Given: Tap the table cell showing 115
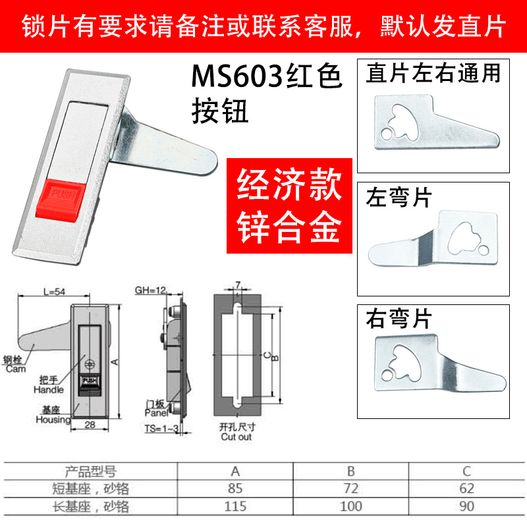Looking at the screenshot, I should click(235, 506).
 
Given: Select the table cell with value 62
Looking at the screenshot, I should click(466, 489).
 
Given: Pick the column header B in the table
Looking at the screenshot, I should click(350, 472).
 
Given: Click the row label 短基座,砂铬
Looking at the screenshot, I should click(92, 489).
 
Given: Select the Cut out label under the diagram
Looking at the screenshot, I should click(236, 437).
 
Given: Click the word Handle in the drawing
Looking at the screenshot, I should click(48, 390).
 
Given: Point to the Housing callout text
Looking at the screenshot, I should click(53, 420).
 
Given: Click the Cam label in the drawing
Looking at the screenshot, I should click(14, 369).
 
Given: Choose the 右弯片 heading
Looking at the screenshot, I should click(398, 320).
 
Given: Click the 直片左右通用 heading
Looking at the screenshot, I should click(433, 72).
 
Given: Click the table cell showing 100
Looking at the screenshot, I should click(350, 506).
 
